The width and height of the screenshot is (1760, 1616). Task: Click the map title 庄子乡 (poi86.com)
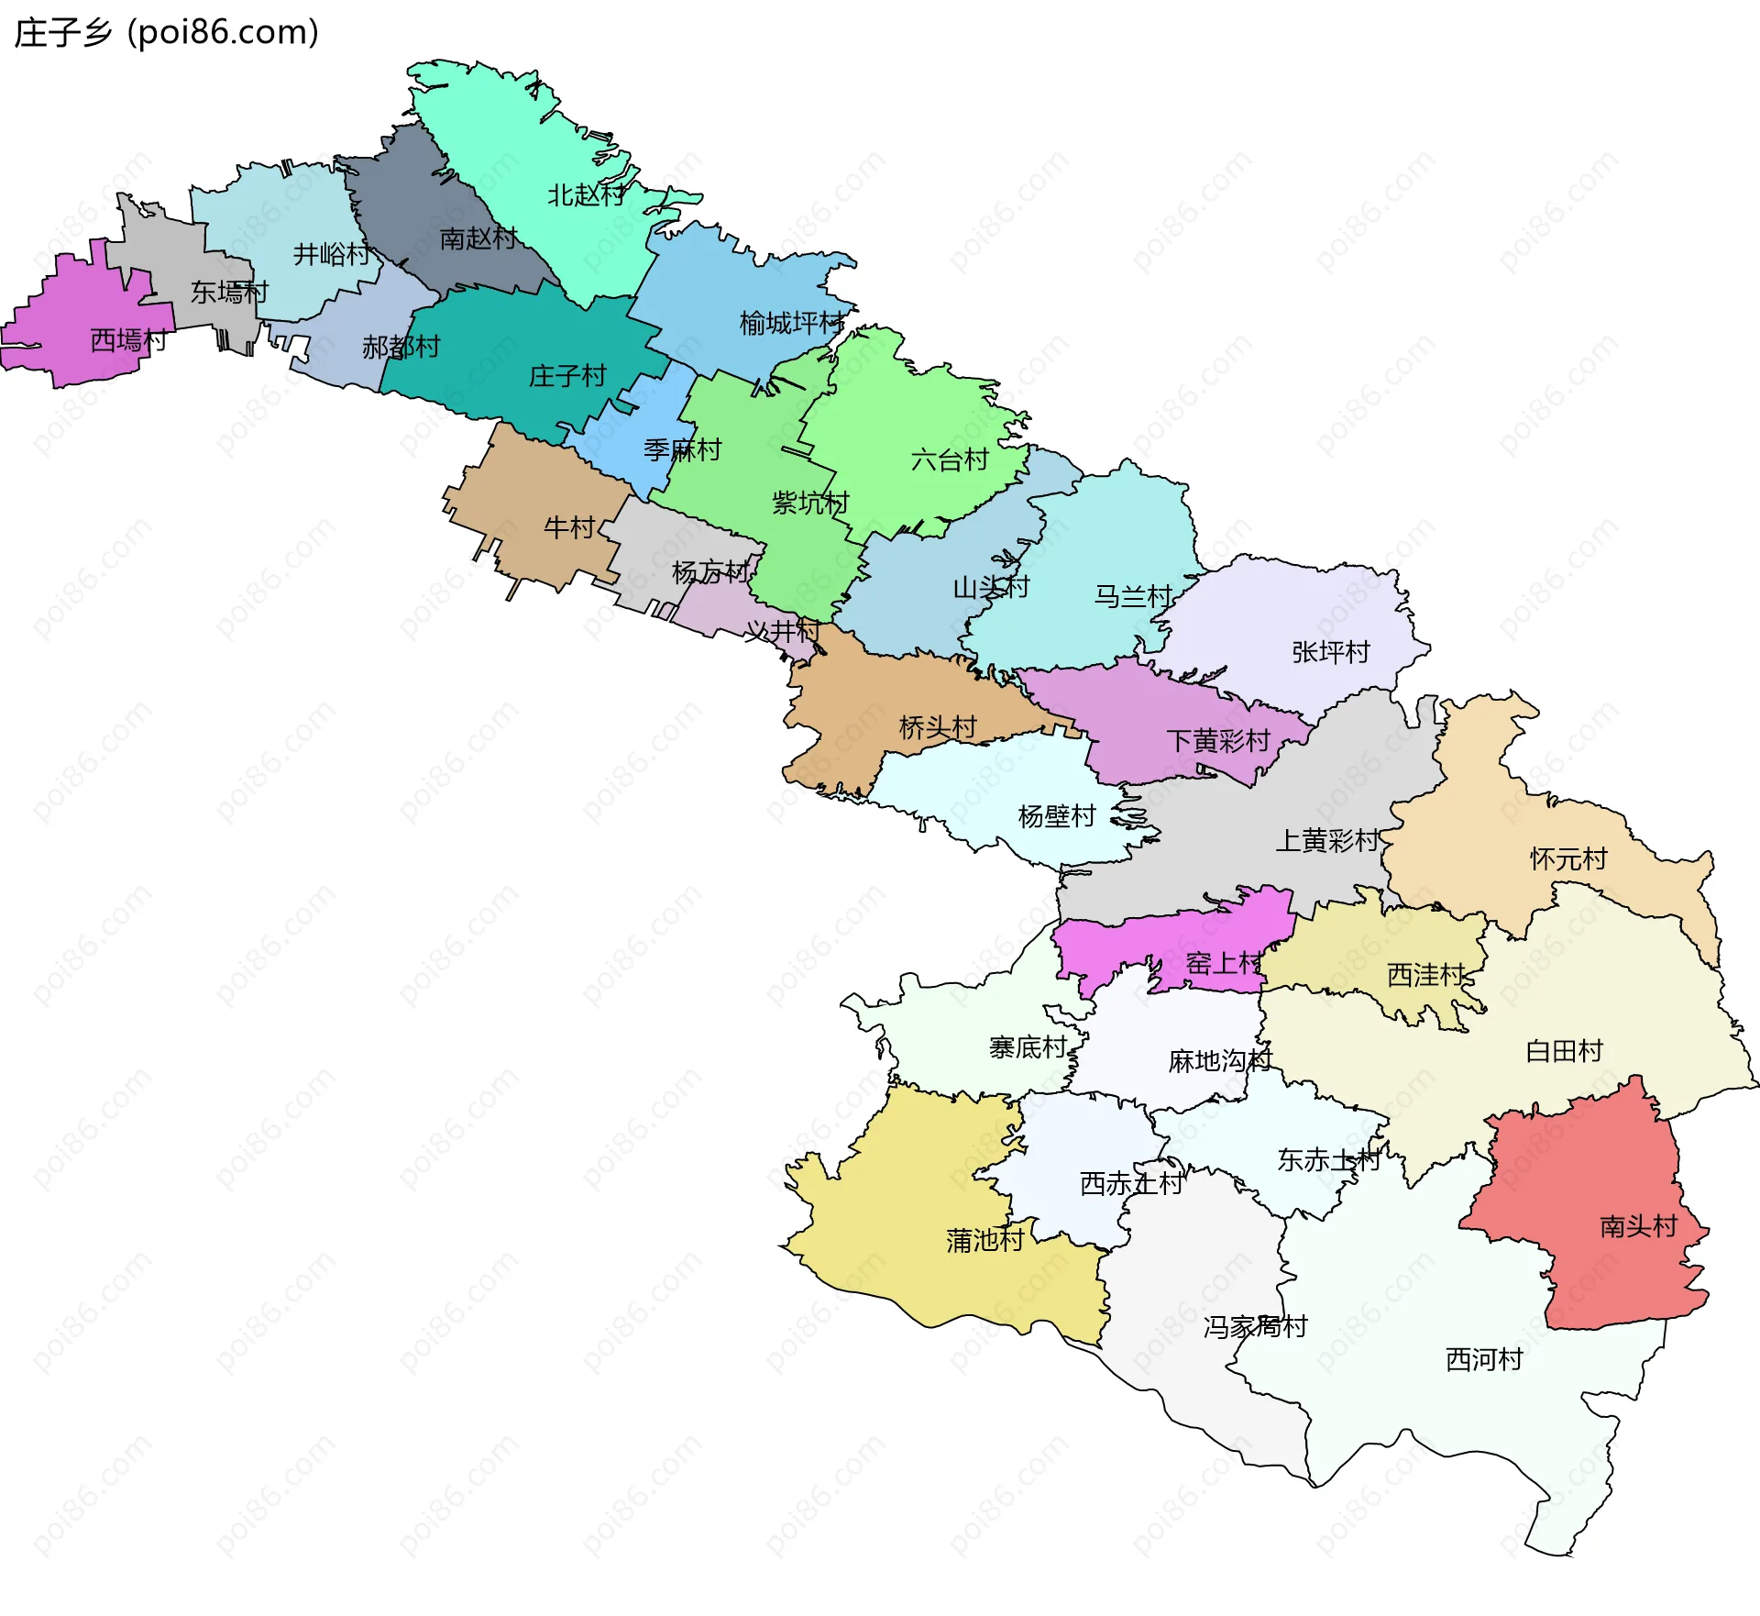(x=167, y=32)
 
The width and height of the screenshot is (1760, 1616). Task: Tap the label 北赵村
(x=587, y=195)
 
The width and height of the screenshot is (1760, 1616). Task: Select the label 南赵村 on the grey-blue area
(x=478, y=238)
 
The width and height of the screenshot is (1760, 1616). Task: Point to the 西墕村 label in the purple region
(x=128, y=340)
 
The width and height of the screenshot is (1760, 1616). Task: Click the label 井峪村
(x=332, y=254)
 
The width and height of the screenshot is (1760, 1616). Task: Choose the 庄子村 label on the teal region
(x=567, y=376)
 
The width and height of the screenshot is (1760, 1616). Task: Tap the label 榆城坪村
(x=792, y=323)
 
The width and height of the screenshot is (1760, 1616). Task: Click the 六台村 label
(x=950, y=459)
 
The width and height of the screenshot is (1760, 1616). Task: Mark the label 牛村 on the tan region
(x=569, y=527)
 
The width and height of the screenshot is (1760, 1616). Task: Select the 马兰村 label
(x=1133, y=597)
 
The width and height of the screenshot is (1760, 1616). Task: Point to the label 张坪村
(x=1330, y=652)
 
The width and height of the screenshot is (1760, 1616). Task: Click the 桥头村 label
(x=938, y=727)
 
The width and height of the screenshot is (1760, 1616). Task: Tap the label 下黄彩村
(x=1217, y=740)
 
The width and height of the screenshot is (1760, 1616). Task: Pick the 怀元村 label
(x=1568, y=859)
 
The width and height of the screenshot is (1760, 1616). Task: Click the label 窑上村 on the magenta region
(x=1224, y=963)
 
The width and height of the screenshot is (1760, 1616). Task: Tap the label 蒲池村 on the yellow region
(x=984, y=1241)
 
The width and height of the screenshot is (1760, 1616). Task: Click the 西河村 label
(x=1484, y=1359)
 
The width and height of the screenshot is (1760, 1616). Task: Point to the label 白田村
(x=1564, y=1051)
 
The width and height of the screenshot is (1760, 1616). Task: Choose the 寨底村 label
(x=1028, y=1047)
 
